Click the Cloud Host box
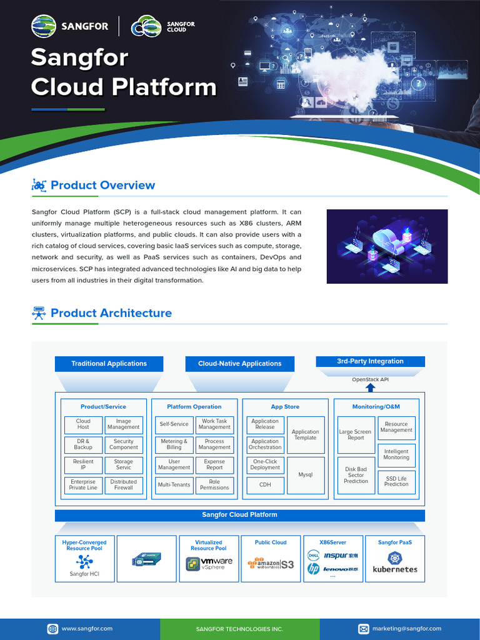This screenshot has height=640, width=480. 83,424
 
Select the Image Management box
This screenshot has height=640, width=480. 124,424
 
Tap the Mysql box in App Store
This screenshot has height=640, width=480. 306,475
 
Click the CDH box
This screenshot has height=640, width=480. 265,484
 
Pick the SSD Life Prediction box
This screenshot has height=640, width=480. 396,482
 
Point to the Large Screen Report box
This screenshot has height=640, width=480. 356,435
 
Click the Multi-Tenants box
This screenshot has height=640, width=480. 174,485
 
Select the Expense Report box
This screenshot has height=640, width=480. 214,465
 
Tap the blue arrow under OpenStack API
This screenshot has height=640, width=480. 371,387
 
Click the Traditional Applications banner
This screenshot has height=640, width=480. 109,364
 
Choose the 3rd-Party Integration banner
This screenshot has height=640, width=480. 371,361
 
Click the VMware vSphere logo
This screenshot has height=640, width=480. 209,564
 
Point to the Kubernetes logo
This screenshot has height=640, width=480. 395,562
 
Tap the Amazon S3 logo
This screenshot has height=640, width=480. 271,564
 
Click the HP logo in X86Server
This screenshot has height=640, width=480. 314,569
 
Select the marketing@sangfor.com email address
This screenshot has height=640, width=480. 407,629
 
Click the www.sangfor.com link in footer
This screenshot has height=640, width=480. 87,629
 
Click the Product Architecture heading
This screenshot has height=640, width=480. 111,313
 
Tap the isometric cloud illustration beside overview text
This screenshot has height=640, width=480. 387,246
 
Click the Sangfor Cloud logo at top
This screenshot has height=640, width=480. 163,27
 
